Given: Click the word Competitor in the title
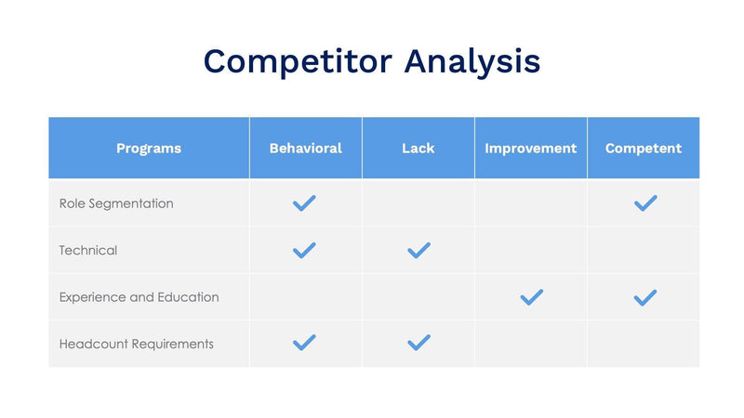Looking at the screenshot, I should coord(297,61).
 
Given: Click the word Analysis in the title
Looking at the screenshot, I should coord(472,61).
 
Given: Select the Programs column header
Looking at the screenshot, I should coord(149,149).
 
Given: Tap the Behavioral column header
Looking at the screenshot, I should coord(305,149).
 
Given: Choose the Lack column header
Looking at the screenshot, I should coord(418,149).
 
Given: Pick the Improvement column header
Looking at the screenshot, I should coord(530,149).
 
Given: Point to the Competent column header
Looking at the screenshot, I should coord(643,149).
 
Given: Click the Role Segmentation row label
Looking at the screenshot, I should coord(116,203).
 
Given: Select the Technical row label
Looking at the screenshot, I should coord(88,250).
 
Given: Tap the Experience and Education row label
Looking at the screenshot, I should coord(139,297).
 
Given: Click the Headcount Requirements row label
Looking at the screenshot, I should coord(136,344).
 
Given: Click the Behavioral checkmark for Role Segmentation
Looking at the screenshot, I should coord(304,203).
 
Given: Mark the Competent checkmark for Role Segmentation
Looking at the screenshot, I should coord(644,203).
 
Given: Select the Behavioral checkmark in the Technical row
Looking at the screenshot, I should coord(304,250).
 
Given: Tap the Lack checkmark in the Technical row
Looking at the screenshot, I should coord(418,250).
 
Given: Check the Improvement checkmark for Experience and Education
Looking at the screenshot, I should coord(531,297).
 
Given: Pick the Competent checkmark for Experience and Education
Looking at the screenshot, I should coord(644,297).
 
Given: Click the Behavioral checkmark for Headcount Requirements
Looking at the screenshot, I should coord(304,343).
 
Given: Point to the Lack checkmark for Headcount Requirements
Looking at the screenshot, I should coord(418,343).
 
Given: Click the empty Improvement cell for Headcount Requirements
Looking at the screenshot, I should coord(530,344).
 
